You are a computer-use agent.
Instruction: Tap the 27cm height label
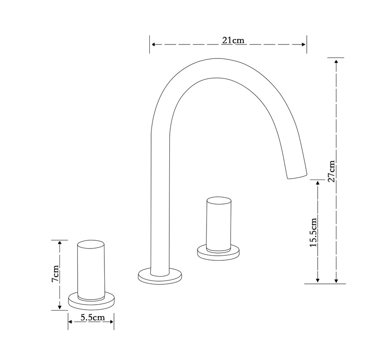click(x=331, y=171)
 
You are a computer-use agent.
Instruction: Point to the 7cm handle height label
click(x=55, y=273)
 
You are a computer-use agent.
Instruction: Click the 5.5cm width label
click(x=93, y=317)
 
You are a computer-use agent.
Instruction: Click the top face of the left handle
click(x=91, y=245)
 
